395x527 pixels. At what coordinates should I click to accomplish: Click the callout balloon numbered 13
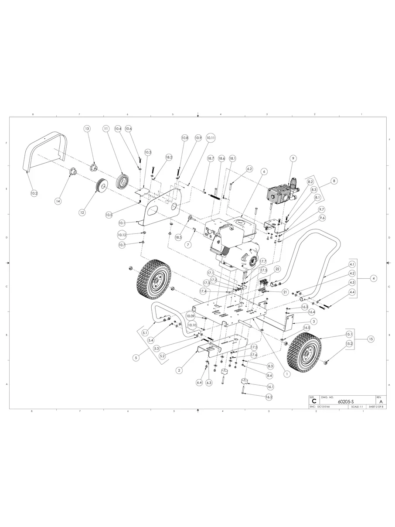(87, 129)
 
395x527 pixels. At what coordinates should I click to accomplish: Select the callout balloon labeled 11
(106, 129)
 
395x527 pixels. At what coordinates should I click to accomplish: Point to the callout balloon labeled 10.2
(34, 192)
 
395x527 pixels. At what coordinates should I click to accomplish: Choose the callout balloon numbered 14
(58, 201)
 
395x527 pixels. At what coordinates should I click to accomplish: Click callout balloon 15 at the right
(371, 339)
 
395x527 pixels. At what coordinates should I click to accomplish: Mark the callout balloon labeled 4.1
(352, 264)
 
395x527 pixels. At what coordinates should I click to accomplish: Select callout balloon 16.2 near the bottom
(269, 397)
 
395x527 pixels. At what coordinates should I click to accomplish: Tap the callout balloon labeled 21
(286, 291)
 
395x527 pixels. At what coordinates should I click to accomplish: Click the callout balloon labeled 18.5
(178, 237)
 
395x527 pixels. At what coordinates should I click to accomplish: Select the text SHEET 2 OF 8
(376, 407)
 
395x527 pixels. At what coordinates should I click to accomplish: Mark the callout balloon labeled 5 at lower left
(136, 357)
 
